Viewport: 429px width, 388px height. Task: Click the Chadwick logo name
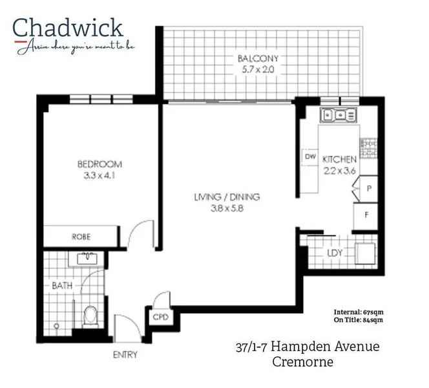67,27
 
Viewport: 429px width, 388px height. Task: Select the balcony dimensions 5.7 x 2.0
256,70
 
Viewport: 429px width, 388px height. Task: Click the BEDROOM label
99,164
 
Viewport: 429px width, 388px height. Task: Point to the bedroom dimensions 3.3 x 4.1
99,175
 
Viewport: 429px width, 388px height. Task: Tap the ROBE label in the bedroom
81,237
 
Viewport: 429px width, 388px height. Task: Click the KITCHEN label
339,159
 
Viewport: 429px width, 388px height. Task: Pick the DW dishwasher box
310,157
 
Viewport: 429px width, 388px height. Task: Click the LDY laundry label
335,253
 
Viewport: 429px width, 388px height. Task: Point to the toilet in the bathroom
90,316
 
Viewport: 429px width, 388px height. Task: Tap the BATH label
62,285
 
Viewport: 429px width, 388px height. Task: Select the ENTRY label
124,354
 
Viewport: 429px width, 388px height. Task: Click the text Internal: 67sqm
359,311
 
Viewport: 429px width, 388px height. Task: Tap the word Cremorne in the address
304,362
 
